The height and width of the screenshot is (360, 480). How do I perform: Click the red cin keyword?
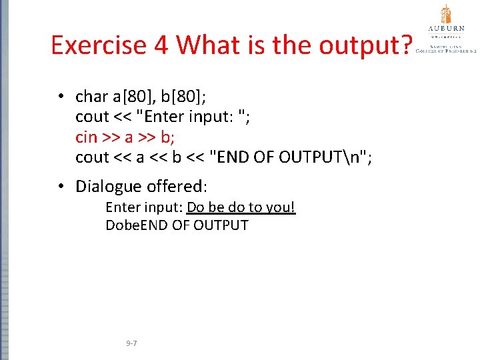click(x=86, y=137)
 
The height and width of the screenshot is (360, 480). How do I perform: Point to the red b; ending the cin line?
click(x=167, y=137)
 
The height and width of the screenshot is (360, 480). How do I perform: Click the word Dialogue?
click(x=109, y=186)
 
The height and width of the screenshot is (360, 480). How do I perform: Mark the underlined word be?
click(x=215, y=207)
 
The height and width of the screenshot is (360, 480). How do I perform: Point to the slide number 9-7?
click(x=131, y=343)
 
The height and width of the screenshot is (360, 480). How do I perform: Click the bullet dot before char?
click(x=60, y=97)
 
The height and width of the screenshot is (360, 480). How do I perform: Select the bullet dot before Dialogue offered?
click(x=60, y=186)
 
